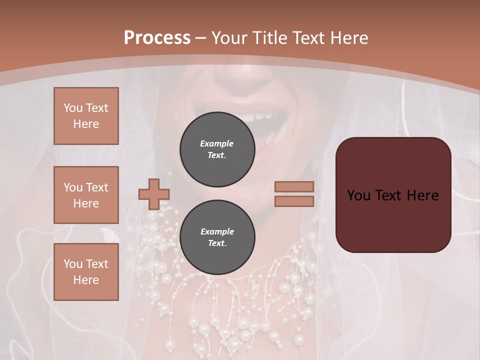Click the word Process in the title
[x=157, y=37]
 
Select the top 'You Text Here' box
[x=86, y=116]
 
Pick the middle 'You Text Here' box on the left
[x=86, y=195]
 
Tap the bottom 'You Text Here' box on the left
[x=86, y=272]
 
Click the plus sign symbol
[x=154, y=193]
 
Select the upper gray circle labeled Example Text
[x=217, y=149]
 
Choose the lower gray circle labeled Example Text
[x=217, y=237]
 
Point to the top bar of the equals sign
[x=294, y=187]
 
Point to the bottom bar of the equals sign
[x=294, y=201]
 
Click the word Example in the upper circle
[x=217, y=143]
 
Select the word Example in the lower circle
[x=217, y=231]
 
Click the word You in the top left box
[x=72, y=108]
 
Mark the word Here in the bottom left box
[x=86, y=280]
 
